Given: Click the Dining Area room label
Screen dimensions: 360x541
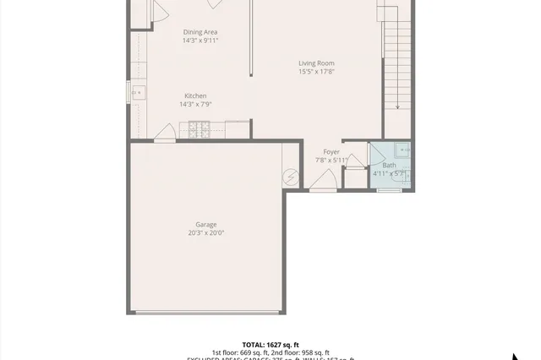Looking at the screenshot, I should click(x=200, y=32).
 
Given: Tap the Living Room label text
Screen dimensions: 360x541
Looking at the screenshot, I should click(x=316, y=63).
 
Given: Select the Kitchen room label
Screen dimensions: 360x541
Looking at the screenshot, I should click(x=195, y=95).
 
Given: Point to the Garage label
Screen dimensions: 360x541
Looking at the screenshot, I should click(x=205, y=224).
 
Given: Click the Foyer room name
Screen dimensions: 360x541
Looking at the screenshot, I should click(x=331, y=151).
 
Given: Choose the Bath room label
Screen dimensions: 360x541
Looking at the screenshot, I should click(x=389, y=165).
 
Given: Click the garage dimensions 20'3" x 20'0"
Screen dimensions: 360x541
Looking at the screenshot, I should click(x=205, y=233).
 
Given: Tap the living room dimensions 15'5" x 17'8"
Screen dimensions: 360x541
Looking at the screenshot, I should click(x=316, y=72).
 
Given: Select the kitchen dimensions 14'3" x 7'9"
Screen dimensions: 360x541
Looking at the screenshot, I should click(x=195, y=105).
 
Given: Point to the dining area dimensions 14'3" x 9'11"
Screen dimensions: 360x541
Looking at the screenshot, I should click(x=200, y=41).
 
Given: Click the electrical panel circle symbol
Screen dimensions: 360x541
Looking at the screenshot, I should click(x=292, y=177).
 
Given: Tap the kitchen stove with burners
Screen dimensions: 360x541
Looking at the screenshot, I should click(x=199, y=129).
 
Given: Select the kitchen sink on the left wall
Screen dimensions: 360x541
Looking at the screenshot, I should click(x=136, y=91).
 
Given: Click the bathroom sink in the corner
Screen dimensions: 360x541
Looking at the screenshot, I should click(x=404, y=150).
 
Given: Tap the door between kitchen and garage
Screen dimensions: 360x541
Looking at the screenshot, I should click(x=166, y=132).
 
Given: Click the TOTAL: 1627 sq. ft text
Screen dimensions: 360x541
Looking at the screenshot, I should click(x=270, y=345).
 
